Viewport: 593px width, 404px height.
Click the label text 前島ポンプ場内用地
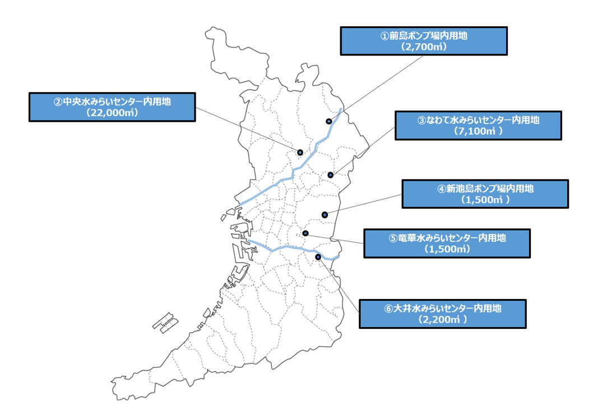[x=428, y=36]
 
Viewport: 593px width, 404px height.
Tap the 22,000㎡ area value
[x=112, y=112]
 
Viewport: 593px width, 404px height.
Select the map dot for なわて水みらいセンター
[x=331, y=175]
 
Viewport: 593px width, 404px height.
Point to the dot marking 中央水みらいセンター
[x=300, y=152]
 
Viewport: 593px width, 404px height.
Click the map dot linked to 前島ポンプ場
[x=329, y=121]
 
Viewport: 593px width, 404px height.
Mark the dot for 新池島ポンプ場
[x=325, y=215]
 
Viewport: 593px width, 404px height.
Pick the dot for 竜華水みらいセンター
[x=305, y=233]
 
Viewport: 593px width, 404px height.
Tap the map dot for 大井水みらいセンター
[x=318, y=257]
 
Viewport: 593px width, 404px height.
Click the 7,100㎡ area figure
[x=478, y=131]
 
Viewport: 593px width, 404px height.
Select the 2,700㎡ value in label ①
[x=424, y=47]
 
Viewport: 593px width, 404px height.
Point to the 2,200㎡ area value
[x=442, y=319]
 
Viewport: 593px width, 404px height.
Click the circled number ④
[x=442, y=189]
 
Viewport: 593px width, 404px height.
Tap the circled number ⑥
[x=388, y=309]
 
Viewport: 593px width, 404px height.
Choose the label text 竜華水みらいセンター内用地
[x=452, y=238]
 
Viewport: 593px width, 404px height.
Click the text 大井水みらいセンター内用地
[x=447, y=308]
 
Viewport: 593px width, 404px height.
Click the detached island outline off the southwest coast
[x=166, y=323]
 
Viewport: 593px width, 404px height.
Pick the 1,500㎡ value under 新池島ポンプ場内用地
[x=485, y=200]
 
